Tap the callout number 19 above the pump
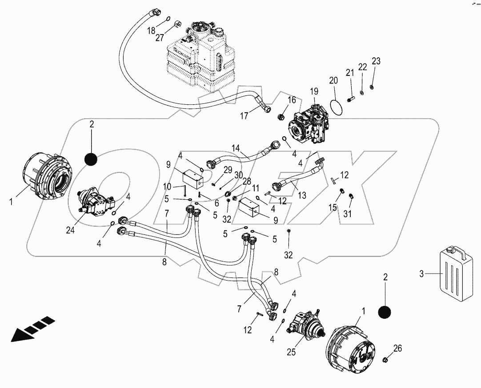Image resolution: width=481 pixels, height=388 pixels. (x=314, y=91)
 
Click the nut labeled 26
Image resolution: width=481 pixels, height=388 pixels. (x=386, y=359)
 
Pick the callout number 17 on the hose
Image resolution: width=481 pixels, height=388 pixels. (x=245, y=116)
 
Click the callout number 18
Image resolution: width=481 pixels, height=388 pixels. (x=151, y=30)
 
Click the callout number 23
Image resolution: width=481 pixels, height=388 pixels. (x=376, y=61)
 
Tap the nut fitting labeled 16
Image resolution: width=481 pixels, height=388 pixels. (x=281, y=117)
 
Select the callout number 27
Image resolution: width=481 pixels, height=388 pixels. (x=160, y=38)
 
